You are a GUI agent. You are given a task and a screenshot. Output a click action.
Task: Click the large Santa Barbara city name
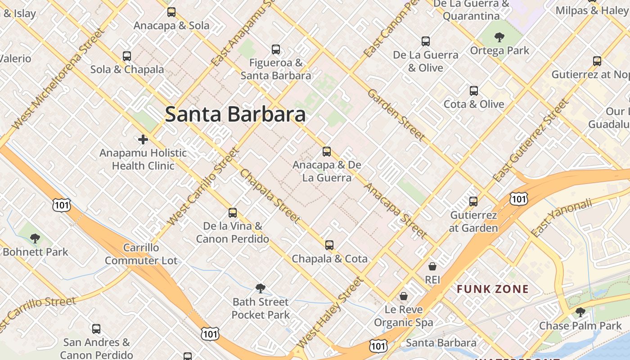click(x=235, y=114)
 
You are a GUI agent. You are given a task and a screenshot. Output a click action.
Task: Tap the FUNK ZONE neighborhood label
click(x=493, y=289)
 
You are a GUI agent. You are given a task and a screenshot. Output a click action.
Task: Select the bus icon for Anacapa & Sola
click(x=171, y=12)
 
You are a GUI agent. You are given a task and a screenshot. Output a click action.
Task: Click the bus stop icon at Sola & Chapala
click(x=127, y=56)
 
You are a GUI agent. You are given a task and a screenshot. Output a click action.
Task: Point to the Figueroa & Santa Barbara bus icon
click(x=276, y=49)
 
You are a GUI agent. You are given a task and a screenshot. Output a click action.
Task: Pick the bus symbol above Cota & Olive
click(x=474, y=91)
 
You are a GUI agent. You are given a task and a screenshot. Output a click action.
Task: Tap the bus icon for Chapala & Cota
click(x=329, y=245)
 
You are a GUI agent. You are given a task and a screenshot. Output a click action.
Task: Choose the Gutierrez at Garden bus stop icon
click(x=473, y=202)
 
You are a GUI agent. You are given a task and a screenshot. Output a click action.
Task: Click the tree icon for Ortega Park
click(x=499, y=37)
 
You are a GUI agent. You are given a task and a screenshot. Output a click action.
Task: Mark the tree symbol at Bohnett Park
click(x=35, y=238)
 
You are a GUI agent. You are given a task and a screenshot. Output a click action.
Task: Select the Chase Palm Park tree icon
click(x=580, y=312)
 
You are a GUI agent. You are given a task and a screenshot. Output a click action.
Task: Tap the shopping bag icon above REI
click(x=432, y=266)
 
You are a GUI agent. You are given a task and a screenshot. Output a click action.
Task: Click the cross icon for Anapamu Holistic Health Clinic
click(x=143, y=139)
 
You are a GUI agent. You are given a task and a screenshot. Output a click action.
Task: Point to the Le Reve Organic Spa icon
click(x=404, y=296)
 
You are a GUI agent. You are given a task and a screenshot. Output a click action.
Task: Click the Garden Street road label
click(x=396, y=115)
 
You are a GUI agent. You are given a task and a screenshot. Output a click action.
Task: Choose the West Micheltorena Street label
click(x=58, y=79)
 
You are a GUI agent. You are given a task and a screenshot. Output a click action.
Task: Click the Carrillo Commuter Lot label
click(x=141, y=254)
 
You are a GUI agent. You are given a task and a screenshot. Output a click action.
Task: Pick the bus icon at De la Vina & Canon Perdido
click(x=233, y=213)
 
